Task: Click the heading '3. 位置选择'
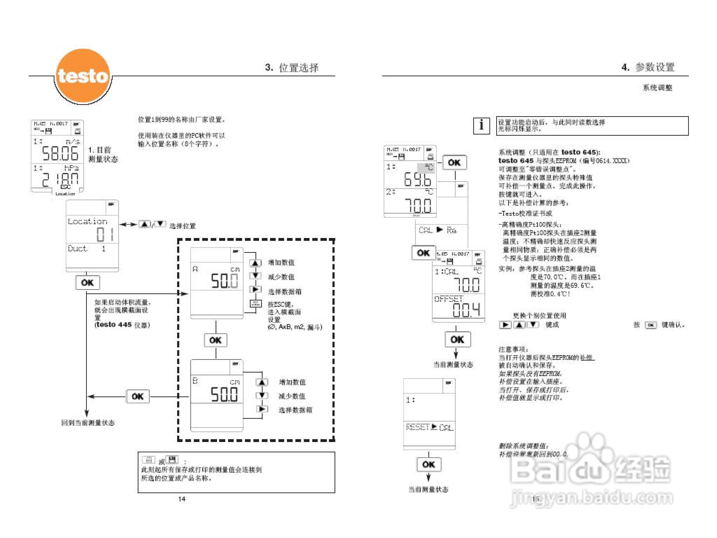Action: [x=291, y=67]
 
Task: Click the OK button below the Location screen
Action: [x=88, y=282]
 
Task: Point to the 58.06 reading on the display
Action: [x=60, y=153]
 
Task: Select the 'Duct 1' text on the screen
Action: [x=86, y=249]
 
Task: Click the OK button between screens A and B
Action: [x=216, y=340]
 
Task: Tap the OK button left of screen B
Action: [x=138, y=396]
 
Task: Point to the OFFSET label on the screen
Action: [x=448, y=299]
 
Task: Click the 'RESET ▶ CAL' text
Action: [x=429, y=427]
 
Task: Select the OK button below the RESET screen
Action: [x=428, y=464]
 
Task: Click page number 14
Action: [x=182, y=499]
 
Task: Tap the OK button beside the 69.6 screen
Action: [x=454, y=162]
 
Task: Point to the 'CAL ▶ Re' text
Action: [x=437, y=230]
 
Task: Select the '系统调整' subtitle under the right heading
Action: [x=657, y=88]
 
